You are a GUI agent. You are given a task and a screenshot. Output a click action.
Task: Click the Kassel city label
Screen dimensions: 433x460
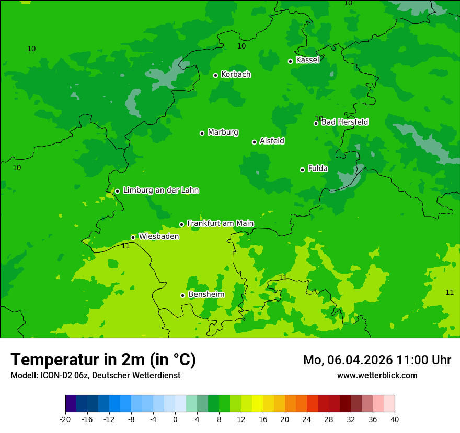[x=307, y=60]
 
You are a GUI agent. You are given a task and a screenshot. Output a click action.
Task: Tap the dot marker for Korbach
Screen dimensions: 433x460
[x=215, y=75]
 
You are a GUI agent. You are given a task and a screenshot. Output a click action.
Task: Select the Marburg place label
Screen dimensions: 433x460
[x=223, y=133]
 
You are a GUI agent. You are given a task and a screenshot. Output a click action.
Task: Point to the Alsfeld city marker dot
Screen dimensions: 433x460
[x=254, y=142]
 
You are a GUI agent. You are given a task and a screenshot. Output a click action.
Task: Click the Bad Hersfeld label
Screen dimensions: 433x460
[x=344, y=122]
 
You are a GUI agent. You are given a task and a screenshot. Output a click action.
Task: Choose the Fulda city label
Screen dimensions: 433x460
[x=318, y=169]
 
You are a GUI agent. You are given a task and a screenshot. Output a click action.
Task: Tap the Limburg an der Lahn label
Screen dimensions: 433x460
[x=160, y=190]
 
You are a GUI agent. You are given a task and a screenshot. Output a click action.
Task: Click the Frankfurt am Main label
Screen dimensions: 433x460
[x=220, y=223]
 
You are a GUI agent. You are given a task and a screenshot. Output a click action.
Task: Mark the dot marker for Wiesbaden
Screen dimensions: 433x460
[x=133, y=237]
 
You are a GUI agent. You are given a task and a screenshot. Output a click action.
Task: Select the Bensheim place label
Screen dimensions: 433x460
[x=206, y=295]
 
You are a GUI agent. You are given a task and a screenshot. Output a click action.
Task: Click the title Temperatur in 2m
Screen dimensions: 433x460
[x=103, y=360]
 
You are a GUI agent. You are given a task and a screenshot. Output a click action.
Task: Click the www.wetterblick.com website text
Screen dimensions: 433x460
[x=377, y=376]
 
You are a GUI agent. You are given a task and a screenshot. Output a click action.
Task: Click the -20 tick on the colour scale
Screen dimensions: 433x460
[x=65, y=419]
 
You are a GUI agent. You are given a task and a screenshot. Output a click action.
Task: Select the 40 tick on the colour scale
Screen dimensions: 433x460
[x=395, y=419]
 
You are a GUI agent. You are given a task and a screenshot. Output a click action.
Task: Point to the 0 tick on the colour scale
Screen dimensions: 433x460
[x=175, y=419]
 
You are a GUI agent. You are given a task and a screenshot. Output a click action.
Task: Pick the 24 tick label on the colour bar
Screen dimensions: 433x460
[x=307, y=419]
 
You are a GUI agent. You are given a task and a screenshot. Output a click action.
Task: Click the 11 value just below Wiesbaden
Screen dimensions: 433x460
[x=125, y=246]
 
